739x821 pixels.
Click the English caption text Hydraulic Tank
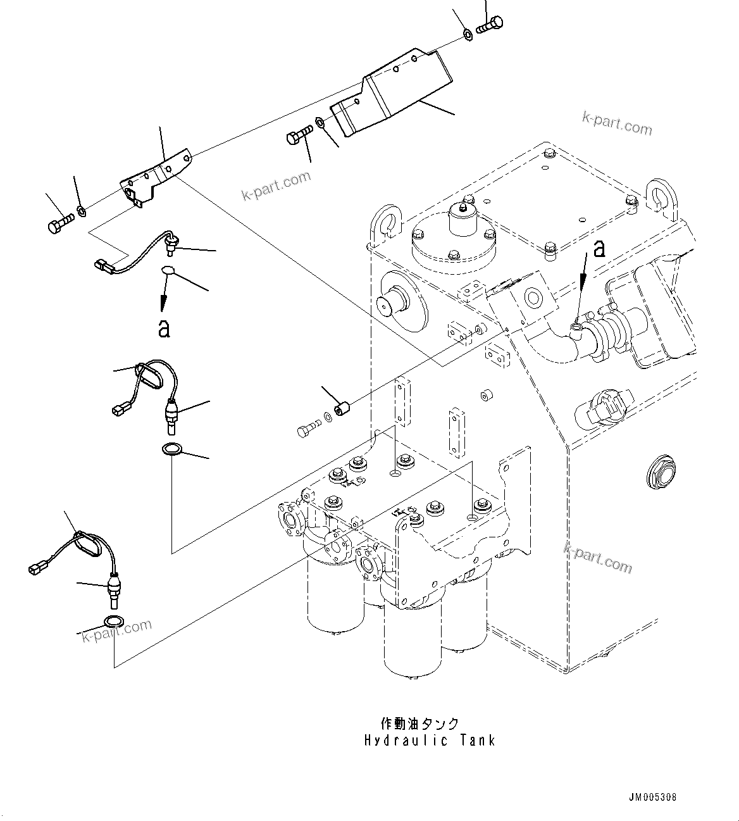pos(430,740)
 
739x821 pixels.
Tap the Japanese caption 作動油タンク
pos(419,724)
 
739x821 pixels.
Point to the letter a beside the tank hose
pos(598,248)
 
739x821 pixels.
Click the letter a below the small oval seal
pos(164,327)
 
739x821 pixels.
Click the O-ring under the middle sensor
pos(171,450)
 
